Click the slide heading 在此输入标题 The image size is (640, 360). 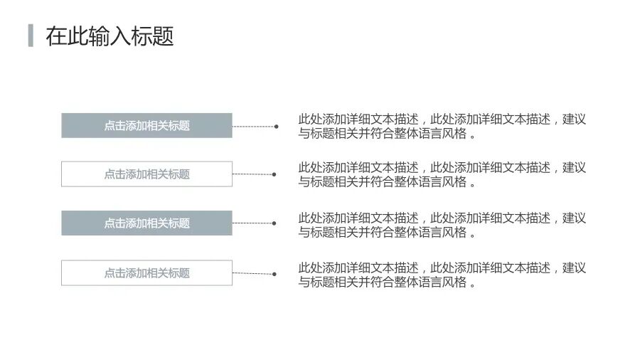(x=110, y=36)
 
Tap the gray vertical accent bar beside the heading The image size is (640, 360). (x=31, y=36)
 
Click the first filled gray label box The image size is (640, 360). (x=146, y=125)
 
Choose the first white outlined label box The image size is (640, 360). (x=146, y=174)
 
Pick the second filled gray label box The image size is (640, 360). (x=146, y=223)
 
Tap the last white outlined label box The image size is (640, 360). (x=146, y=272)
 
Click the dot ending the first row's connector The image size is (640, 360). (x=276, y=127)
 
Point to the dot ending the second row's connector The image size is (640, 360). (x=274, y=174)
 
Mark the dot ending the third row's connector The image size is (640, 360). (x=274, y=223)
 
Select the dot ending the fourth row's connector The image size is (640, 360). (x=274, y=273)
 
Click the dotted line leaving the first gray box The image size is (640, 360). (x=253, y=127)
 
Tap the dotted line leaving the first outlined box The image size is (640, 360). (x=252, y=174)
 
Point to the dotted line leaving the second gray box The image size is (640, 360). (x=252, y=223)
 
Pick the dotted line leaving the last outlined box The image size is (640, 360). (x=252, y=273)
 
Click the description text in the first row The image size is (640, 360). (x=441, y=127)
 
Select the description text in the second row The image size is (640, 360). (x=441, y=174)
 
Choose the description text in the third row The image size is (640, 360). (x=441, y=225)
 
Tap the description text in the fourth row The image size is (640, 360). (x=441, y=275)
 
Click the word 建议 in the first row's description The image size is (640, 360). (x=574, y=120)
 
